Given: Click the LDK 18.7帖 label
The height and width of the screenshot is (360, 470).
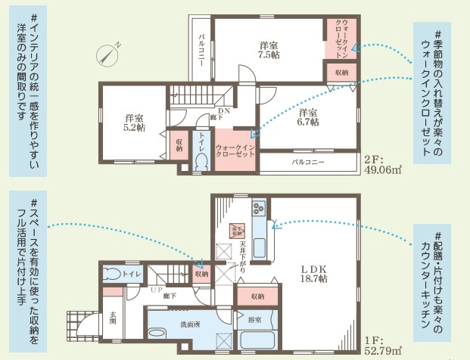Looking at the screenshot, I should pos(312,274).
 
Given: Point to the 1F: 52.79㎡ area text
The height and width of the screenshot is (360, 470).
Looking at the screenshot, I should pos(382,346).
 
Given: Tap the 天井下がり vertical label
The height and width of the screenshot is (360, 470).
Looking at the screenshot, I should pos(242,257).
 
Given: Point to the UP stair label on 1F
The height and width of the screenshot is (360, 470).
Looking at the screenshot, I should pos(157,290).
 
